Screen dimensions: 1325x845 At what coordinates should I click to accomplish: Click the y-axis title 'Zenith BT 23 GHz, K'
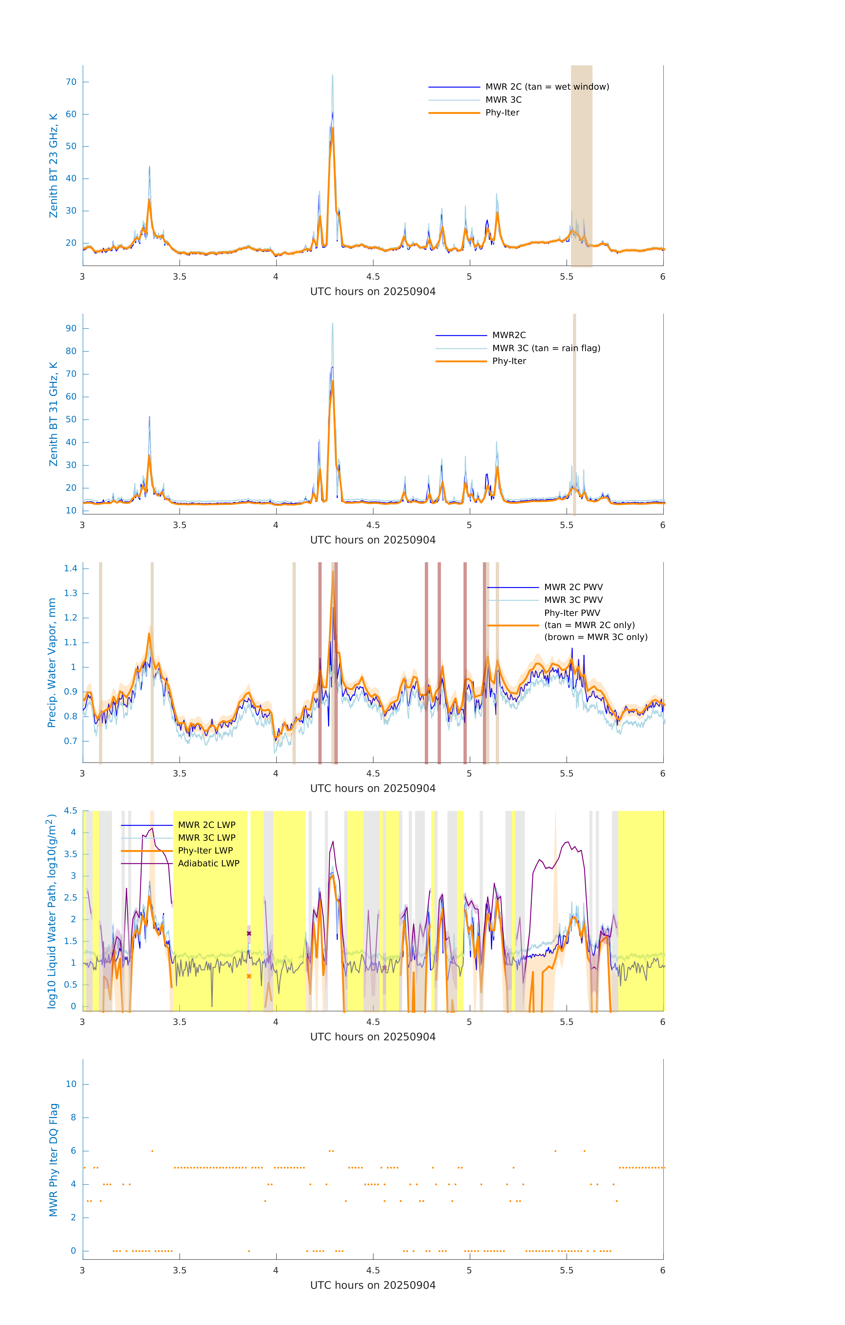pyautogui.click(x=53, y=166)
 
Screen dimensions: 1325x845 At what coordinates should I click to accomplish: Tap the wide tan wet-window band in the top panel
pyautogui.click(x=581, y=165)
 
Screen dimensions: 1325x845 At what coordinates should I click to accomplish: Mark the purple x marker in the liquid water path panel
pyautogui.click(x=249, y=933)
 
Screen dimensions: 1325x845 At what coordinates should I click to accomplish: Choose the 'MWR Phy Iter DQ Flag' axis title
pyautogui.click(x=53, y=1160)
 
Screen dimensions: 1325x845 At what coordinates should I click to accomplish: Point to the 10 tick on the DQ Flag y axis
pyautogui.click(x=71, y=1084)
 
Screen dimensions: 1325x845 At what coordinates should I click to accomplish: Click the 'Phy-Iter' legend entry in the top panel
pyautogui.click(x=502, y=113)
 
